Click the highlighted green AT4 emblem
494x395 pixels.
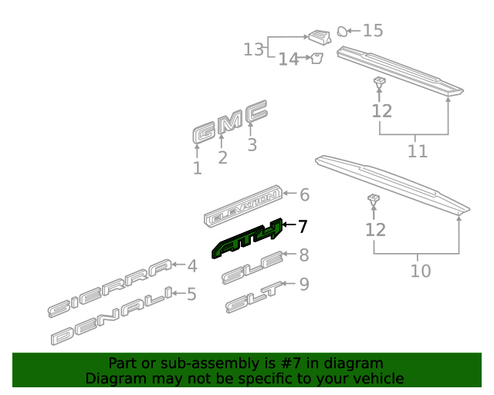(247, 238)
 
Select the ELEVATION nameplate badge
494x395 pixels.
(243, 206)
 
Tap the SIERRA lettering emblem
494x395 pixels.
(110, 288)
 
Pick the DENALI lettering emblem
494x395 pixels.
(112, 316)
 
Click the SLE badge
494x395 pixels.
(252, 268)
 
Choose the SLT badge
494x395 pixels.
(254, 297)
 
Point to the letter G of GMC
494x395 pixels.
(205, 133)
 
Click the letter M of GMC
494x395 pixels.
(231, 122)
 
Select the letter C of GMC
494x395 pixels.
(257, 112)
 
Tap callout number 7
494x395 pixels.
(302, 226)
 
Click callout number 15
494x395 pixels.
(373, 31)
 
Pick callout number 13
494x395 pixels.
(254, 49)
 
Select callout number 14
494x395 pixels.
(289, 59)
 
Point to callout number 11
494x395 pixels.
(418, 151)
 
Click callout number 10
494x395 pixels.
(421, 271)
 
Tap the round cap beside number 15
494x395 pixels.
(342, 32)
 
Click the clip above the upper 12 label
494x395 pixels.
(380, 83)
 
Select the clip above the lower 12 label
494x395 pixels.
(374, 199)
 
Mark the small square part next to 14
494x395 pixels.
(317, 58)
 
